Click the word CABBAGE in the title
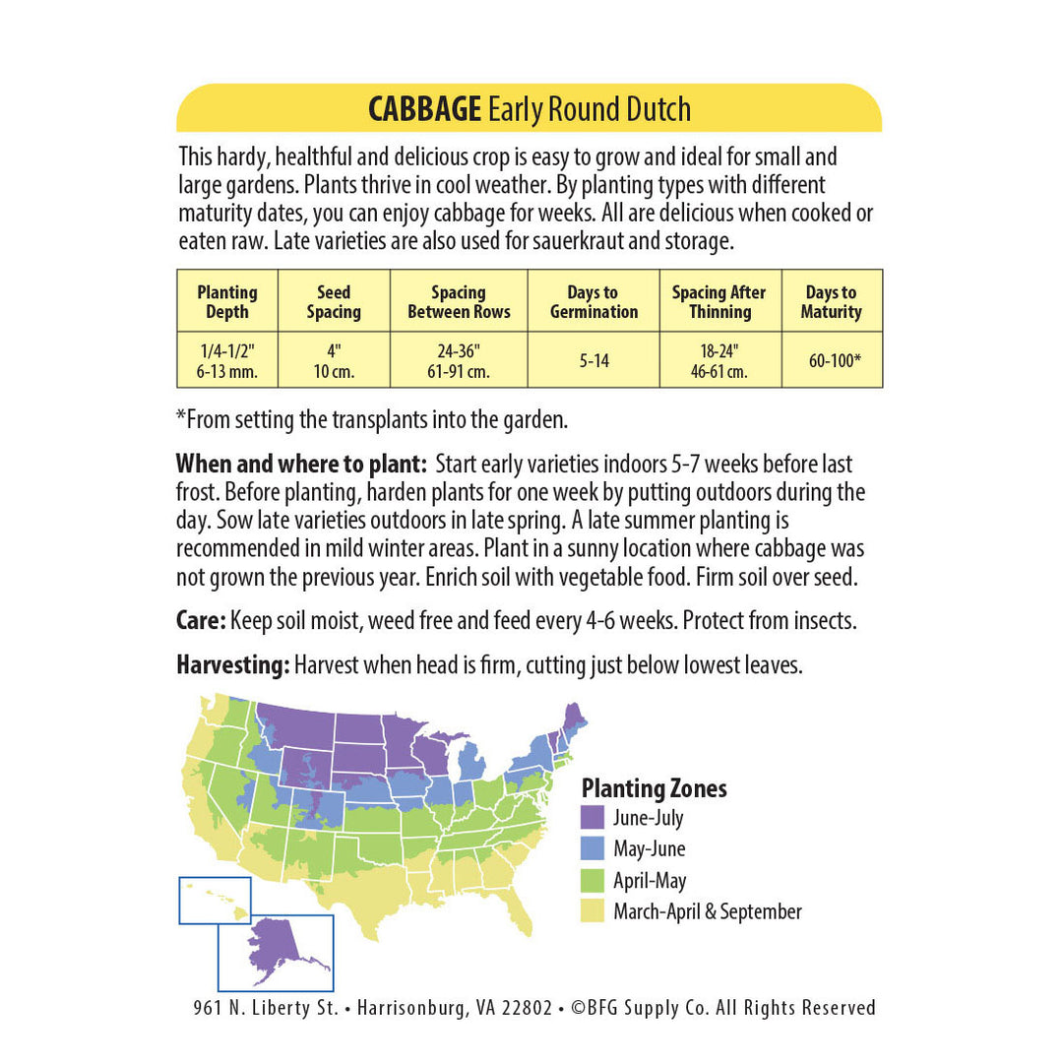tap(425, 109)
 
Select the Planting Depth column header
tap(226, 302)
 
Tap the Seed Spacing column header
tap(334, 302)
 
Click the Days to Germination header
tap(594, 302)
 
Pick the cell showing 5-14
tap(594, 360)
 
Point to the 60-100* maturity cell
tap(832, 360)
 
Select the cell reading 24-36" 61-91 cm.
tap(459, 360)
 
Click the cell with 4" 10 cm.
tap(334, 360)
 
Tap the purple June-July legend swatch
tap(593, 818)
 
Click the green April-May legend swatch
tap(593, 881)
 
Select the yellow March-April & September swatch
tap(593, 912)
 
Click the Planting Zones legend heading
tap(655, 788)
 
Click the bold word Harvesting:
tap(232, 665)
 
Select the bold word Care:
tap(201, 622)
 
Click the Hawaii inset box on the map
tap(215, 900)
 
